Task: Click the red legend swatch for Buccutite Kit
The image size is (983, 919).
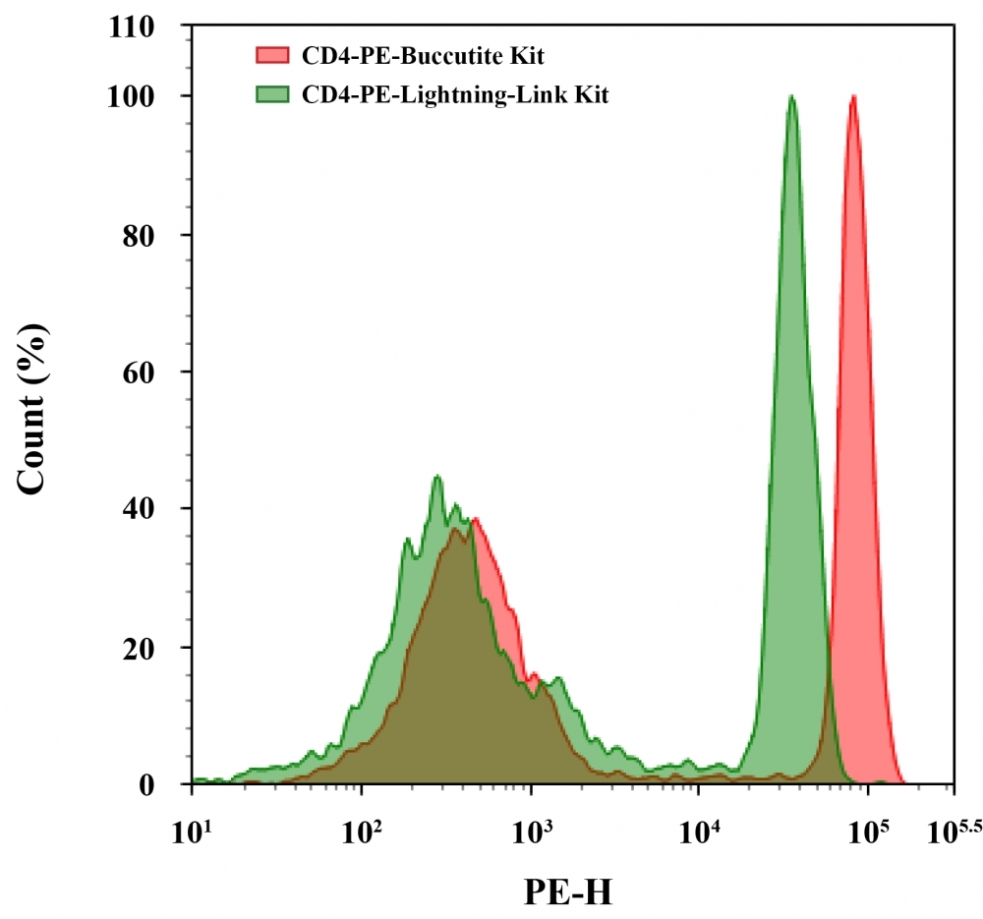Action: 272,55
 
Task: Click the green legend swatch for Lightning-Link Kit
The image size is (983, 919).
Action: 272,94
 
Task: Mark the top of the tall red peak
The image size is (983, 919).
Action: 853,96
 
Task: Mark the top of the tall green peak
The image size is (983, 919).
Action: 791,96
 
